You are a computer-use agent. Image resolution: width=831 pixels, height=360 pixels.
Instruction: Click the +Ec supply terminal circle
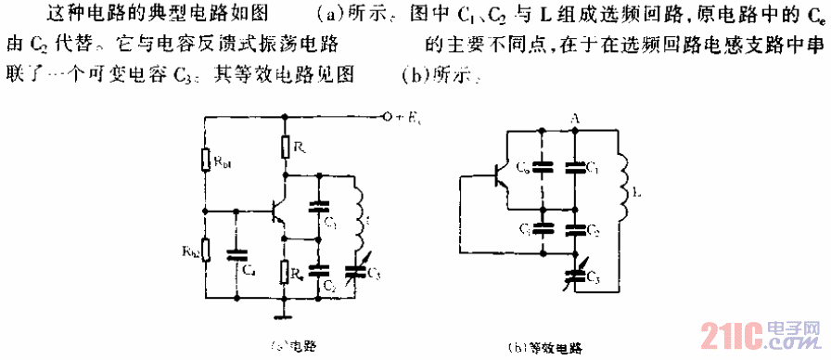tap(382, 118)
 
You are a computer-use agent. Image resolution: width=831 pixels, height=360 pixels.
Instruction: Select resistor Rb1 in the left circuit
tap(207, 161)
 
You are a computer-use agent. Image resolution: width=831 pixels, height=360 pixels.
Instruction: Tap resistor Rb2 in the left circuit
tap(207, 250)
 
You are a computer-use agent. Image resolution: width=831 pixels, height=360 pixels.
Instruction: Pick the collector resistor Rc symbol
tap(286, 146)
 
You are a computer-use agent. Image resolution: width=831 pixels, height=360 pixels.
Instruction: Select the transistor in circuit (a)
tap(276, 212)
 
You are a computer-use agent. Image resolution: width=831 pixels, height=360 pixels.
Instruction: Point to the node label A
tap(575, 118)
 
